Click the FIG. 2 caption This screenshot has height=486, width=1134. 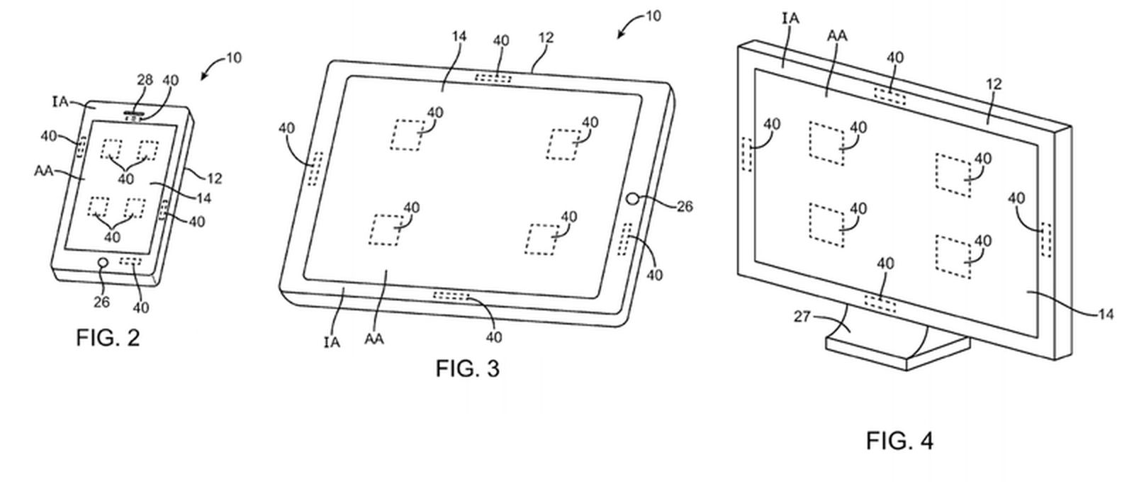tap(108, 338)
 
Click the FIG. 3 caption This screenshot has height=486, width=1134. tap(467, 368)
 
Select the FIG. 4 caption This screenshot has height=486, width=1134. tap(899, 441)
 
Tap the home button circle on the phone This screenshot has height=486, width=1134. tap(103, 264)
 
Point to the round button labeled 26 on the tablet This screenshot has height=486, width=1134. tap(634, 200)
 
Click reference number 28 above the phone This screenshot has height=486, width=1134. tap(145, 80)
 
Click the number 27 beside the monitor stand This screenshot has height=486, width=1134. tap(802, 317)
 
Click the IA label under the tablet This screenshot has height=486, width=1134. tap(332, 343)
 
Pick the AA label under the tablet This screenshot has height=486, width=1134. tap(374, 339)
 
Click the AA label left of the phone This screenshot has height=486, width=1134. tap(45, 171)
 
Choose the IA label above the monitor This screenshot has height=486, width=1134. tap(790, 18)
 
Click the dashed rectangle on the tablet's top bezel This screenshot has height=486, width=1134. tap(493, 77)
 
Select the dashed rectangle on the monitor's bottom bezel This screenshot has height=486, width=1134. tap(880, 304)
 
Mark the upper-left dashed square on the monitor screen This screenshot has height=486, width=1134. tap(826, 143)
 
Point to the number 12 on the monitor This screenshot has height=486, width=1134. tap(994, 84)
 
